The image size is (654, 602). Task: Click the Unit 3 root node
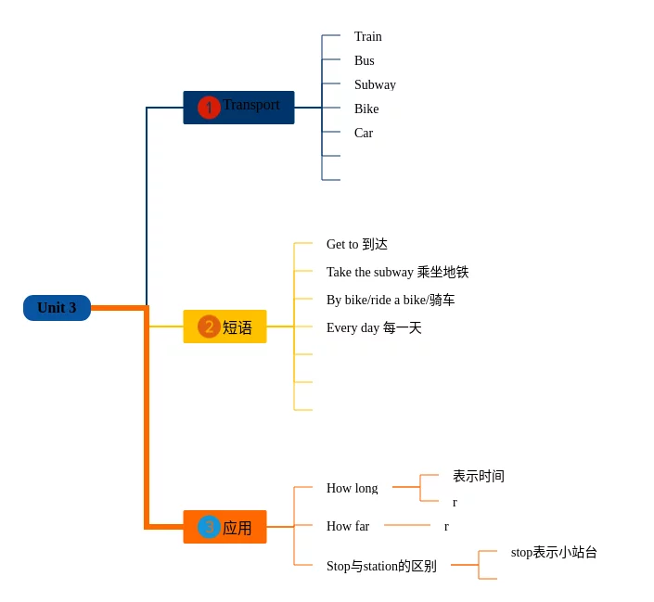(57, 308)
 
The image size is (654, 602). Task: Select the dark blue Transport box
(238, 108)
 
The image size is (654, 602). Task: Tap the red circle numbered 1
(209, 108)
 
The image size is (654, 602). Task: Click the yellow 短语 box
(225, 327)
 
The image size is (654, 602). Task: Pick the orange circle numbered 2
(209, 327)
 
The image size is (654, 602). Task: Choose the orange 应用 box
(225, 527)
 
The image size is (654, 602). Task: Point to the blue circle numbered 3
(209, 527)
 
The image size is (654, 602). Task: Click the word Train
(368, 37)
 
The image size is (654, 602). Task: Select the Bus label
(365, 61)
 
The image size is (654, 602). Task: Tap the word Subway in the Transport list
(375, 85)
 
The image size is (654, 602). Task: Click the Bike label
(366, 109)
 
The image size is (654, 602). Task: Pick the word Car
(364, 134)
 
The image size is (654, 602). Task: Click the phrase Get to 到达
(357, 245)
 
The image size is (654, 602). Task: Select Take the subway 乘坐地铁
(397, 273)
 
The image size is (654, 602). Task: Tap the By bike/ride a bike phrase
(391, 301)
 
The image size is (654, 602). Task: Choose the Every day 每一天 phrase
(374, 328)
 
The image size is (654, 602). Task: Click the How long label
(353, 489)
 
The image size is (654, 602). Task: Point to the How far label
(348, 527)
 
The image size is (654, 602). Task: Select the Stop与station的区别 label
(381, 566)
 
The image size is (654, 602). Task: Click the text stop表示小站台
(554, 553)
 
